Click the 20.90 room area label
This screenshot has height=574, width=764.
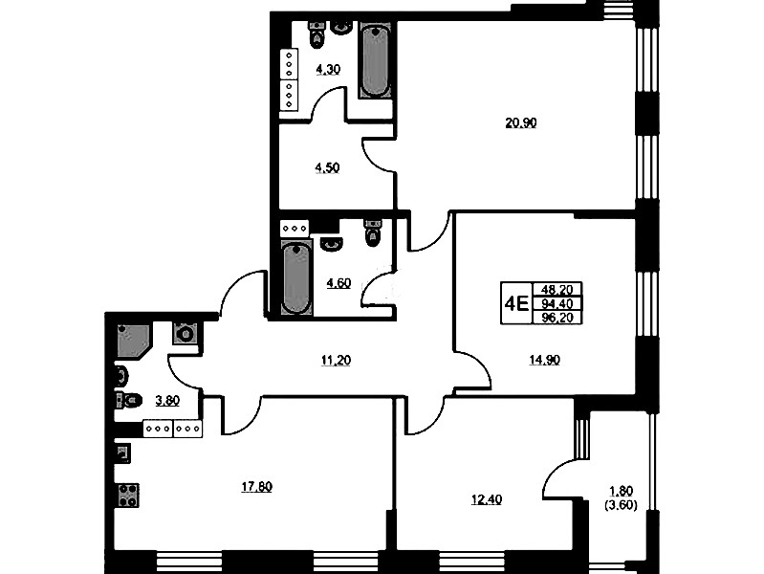pyautogui.click(x=520, y=122)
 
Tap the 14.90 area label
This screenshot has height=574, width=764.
pyautogui.click(x=544, y=360)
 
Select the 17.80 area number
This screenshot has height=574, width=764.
pyautogui.click(x=257, y=487)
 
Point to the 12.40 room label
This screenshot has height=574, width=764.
pyautogui.click(x=487, y=500)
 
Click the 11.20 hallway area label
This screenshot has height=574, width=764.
pyautogui.click(x=336, y=361)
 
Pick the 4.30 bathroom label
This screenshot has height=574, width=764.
pyautogui.click(x=328, y=70)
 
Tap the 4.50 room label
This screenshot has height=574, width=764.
pyautogui.click(x=327, y=168)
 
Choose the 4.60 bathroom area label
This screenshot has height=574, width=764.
pyautogui.click(x=338, y=283)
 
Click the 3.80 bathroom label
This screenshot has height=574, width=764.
pyautogui.click(x=167, y=401)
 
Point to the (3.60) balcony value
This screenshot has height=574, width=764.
pyautogui.click(x=621, y=505)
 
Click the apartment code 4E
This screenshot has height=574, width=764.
pyautogui.click(x=516, y=304)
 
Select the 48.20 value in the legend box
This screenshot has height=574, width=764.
pyautogui.click(x=557, y=290)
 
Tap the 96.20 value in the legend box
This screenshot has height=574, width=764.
pyautogui.click(x=557, y=318)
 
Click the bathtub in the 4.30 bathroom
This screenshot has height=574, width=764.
pyautogui.click(x=375, y=61)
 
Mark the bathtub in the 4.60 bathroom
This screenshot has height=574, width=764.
pyautogui.click(x=295, y=279)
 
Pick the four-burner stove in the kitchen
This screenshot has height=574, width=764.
pyautogui.click(x=127, y=496)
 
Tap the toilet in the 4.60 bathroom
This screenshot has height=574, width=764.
pyautogui.click(x=373, y=232)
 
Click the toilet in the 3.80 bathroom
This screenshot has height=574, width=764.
pyautogui.click(x=128, y=401)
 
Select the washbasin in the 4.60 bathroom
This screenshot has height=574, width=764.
pyautogui.click(x=332, y=244)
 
